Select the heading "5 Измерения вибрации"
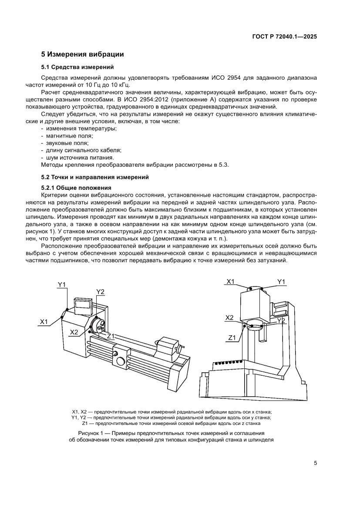[82, 54]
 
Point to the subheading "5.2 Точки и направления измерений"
[95, 177]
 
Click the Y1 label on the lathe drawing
[62, 285]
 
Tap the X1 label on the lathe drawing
[44, 321]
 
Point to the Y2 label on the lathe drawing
[101, 291]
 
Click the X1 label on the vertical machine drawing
[230, 282]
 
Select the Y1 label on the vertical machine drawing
[281, 282]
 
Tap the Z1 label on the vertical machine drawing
[232, 337]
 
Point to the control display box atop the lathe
[83, 305]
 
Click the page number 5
[315, 463]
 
